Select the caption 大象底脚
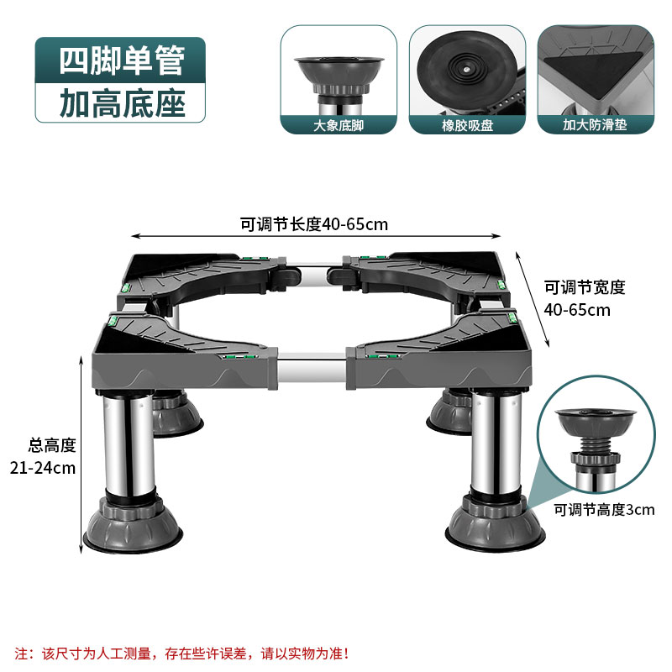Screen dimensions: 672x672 pos(339,126)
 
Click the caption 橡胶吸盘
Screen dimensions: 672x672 pos(466,126)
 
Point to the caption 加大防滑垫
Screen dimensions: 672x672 pos(595,126)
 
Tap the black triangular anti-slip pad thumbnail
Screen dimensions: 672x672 pos(596,67)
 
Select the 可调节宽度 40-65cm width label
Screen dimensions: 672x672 pos(585,298)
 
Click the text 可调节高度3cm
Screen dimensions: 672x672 pos(603,509)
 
